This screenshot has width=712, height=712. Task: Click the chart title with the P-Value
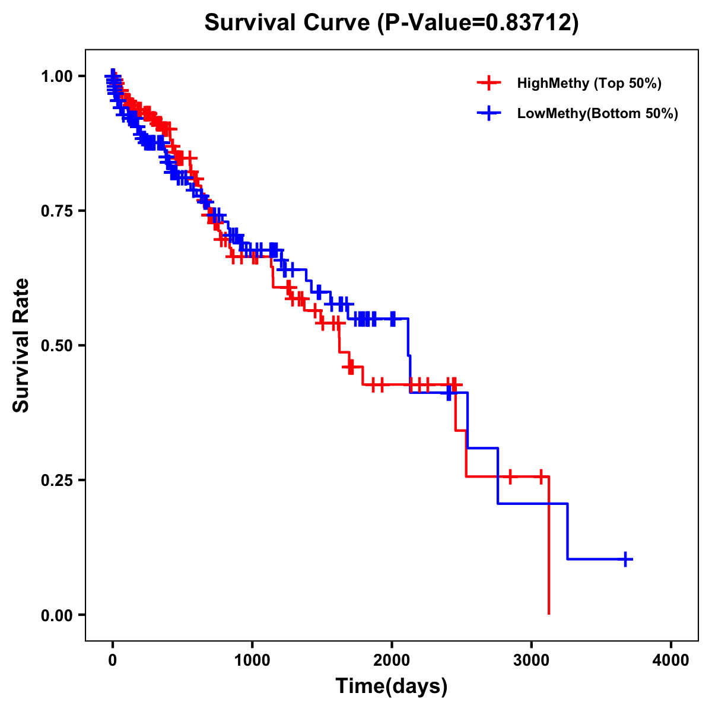391,23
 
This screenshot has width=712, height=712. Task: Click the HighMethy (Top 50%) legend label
589,83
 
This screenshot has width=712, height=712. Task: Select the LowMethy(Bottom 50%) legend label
597,113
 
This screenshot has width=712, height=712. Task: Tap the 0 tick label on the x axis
112,660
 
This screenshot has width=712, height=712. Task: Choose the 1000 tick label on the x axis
252,660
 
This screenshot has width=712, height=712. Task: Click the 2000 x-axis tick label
392,660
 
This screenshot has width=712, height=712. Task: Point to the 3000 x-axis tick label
531,660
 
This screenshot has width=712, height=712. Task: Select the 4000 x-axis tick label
671,660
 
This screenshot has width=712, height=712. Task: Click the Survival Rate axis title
21,345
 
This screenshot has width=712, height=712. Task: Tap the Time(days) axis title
392,686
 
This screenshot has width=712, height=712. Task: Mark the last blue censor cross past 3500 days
625,559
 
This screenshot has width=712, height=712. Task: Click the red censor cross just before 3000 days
509,476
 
